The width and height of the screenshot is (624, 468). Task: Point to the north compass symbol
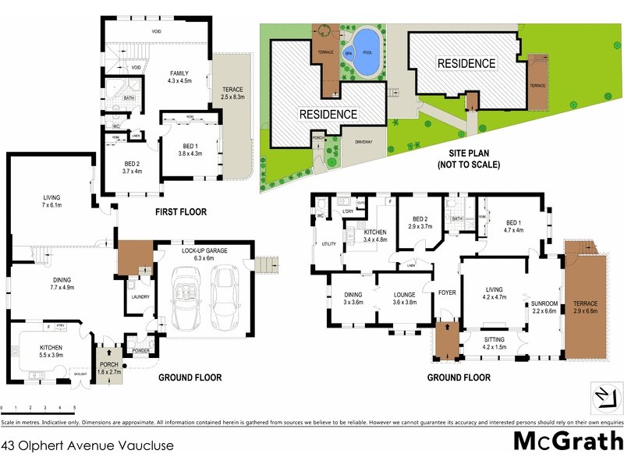tap(601, 396)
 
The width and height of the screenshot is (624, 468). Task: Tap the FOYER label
tap(446, 294)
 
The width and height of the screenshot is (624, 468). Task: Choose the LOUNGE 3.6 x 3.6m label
tap(402, 298)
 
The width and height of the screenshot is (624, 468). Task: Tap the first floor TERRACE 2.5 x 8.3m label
tap(232, 94)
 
